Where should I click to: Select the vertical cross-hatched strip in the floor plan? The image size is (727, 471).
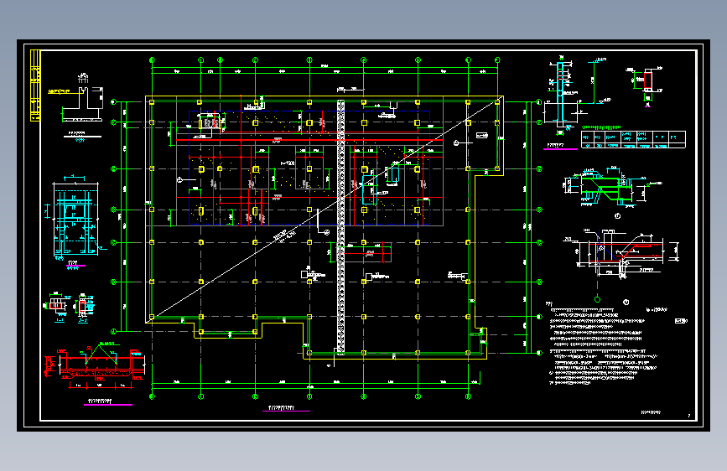tap(340, 226)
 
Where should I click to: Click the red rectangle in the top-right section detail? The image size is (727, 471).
tap(648, 81)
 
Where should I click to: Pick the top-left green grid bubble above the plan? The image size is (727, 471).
tap(152, 60)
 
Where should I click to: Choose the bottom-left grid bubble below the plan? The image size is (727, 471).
tap(152, 395)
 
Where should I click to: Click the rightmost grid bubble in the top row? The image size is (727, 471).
tap(497, 60)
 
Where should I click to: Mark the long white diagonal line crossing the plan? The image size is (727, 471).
tap(319, 218)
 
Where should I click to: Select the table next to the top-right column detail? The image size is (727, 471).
tap(632, 139)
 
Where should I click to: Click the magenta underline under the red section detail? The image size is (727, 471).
tap(109, 405)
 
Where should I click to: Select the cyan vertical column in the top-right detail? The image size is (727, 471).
tap(561, 92)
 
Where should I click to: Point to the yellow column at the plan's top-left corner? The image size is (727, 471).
tap(151, 101)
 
